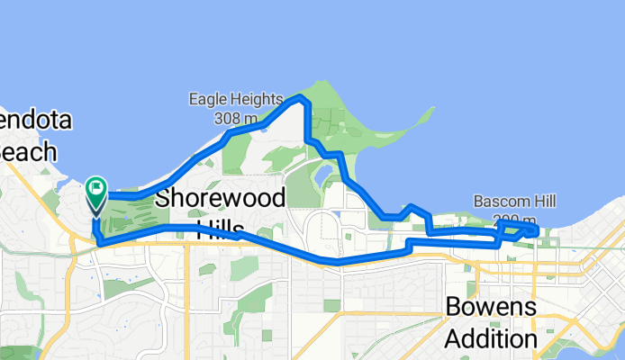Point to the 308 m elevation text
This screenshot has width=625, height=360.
point(236,118)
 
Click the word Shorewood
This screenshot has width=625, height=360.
point(221,198)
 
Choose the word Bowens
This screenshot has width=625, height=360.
point(491,308)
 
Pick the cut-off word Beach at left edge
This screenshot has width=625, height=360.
point(27,152)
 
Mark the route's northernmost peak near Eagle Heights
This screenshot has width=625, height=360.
point(303,101)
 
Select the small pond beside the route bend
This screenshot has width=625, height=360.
point(322,172)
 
